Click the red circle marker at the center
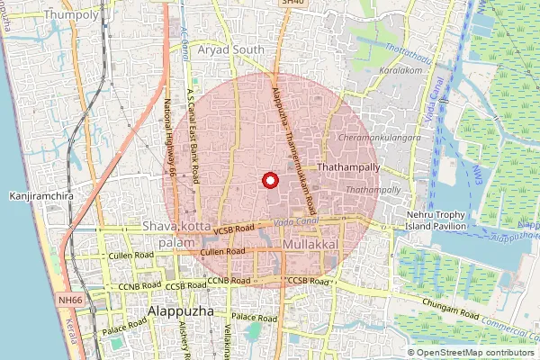[x=268, y=180]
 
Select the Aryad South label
[x=233, y=49]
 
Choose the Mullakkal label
[x=310, y=244]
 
